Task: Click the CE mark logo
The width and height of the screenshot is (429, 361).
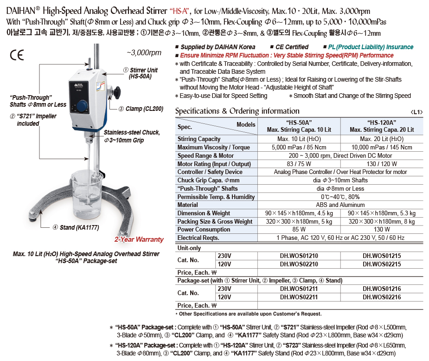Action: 17,55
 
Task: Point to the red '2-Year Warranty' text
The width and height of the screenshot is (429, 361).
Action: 139,239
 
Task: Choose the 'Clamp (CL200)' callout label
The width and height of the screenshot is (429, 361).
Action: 141,109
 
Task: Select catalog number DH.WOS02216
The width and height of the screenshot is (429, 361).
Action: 382,297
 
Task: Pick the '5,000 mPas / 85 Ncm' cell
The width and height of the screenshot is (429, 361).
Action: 299,148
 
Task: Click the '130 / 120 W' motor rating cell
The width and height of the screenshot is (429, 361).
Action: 382,164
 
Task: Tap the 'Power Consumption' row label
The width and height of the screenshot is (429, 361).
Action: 198,230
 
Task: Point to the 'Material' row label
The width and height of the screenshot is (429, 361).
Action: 188,205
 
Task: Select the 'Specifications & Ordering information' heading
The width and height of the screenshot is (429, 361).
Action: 237,111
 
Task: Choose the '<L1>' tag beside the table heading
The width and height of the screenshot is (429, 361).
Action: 416,112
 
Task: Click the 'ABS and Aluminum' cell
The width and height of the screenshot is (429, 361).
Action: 340,205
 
